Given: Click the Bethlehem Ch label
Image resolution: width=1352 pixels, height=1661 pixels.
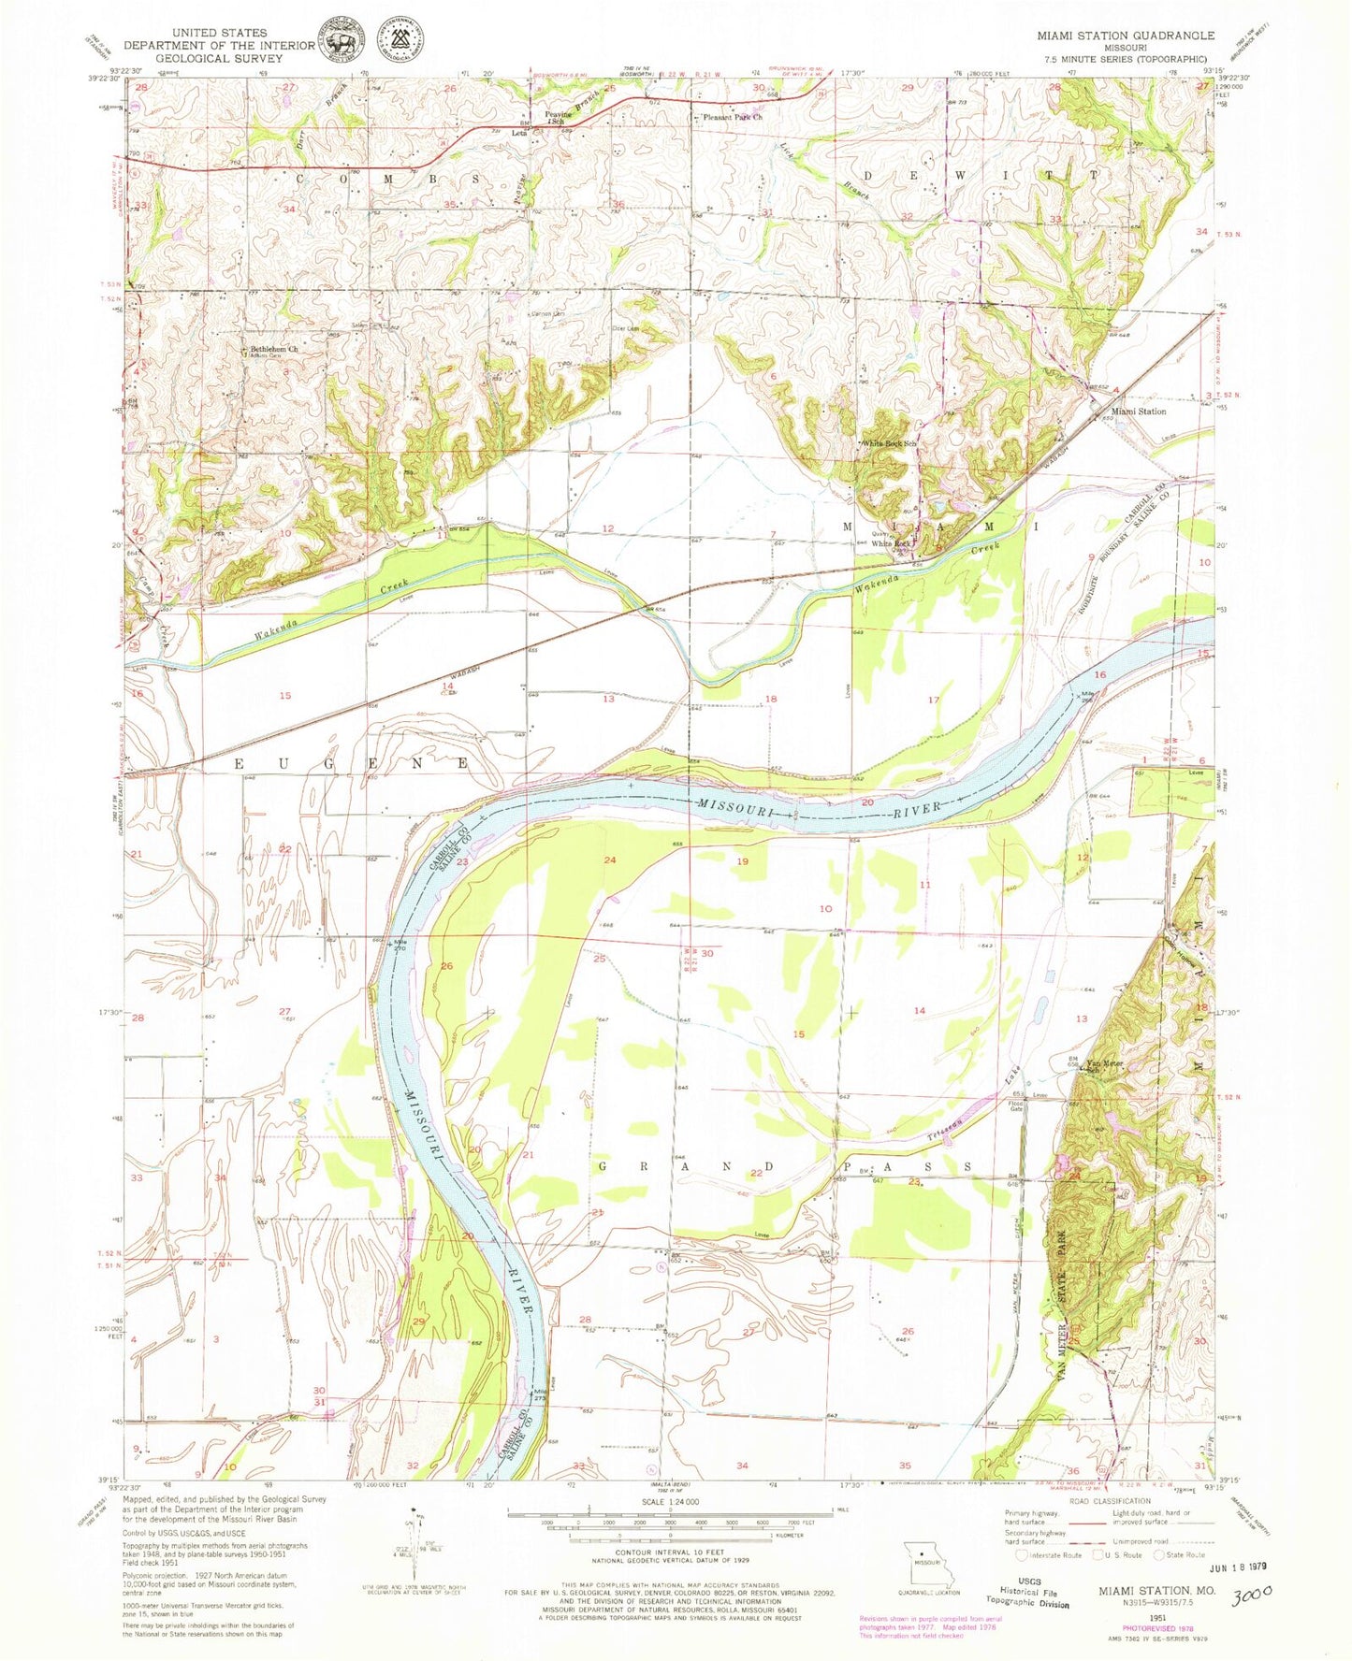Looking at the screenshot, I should click(x=273, y=349).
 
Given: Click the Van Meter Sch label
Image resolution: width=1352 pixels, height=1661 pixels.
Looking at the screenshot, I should click(x=1103, y=1064).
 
